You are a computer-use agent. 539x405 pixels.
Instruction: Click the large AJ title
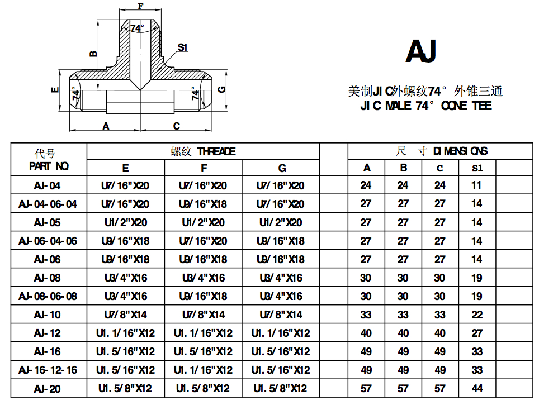420,51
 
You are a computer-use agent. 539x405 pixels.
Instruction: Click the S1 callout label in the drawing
182,47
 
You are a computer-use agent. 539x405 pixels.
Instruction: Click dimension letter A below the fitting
106,126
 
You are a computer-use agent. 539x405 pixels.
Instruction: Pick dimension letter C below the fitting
176,126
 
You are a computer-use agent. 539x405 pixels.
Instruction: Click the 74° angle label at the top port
137,27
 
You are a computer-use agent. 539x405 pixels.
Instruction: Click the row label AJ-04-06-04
48,204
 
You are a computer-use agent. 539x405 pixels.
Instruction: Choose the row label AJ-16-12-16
48,370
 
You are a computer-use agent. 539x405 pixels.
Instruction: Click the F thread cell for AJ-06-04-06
203,241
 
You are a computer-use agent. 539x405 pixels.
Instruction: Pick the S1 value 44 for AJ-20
476,388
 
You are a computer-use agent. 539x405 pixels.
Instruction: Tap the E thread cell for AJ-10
125,315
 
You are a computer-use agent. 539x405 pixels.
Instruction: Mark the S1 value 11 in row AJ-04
476,185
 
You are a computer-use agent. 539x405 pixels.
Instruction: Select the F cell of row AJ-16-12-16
203,370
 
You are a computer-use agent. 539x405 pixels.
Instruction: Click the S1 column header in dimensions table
476,168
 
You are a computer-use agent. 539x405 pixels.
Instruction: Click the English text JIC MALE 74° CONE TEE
426,106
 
